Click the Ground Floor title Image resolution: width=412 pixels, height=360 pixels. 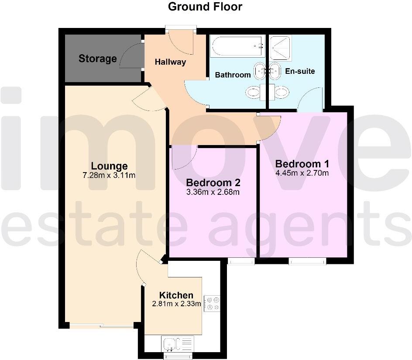205,7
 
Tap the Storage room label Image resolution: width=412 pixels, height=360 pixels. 98,59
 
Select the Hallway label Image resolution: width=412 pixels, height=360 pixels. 170,62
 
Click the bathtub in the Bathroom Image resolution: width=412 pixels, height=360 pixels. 237,46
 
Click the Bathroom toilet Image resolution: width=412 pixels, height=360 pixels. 254,92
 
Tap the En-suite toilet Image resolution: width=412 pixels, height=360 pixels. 281,92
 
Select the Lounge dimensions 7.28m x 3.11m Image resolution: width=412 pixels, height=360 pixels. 109,176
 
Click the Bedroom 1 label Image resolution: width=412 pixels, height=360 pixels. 302,164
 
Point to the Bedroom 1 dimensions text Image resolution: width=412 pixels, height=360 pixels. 302,173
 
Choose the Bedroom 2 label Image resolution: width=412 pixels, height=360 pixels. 213,183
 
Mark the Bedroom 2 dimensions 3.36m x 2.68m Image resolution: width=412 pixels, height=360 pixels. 213,192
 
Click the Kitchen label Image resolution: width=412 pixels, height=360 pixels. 176,295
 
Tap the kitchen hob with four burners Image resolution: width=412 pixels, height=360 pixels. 213,303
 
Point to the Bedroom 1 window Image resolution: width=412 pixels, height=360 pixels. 308,261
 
